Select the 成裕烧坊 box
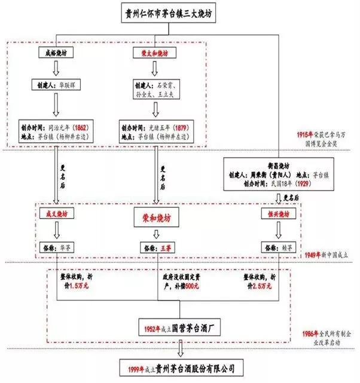point(55,54)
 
